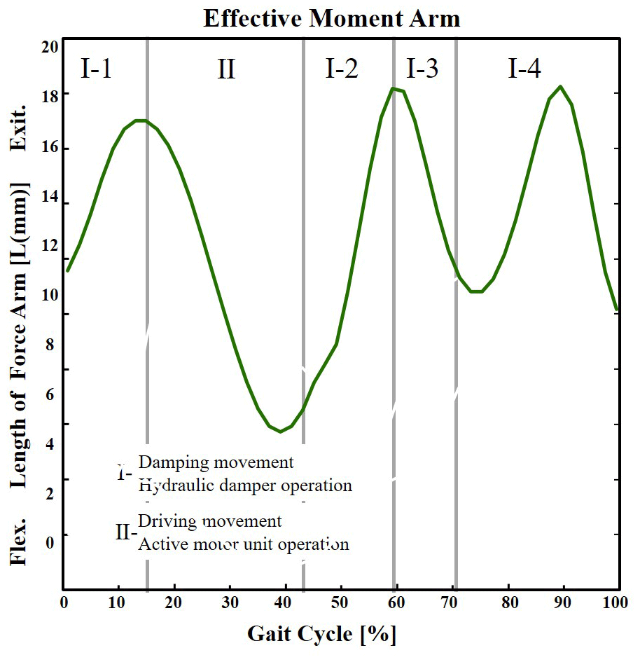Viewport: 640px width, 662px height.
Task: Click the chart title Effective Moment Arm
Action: [331, 19]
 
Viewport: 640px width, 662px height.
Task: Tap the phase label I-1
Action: [96, 69]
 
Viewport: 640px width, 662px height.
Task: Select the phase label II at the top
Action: [226, 69]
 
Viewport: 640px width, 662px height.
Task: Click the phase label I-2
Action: [342, 69]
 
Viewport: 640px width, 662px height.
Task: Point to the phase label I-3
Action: [423, 69]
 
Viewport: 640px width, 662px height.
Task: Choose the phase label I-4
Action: [524, 69]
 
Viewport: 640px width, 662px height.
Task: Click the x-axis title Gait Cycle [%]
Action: [321, 634]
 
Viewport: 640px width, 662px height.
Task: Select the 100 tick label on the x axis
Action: [616, 603]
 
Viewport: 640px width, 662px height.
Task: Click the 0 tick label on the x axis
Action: [64, 603]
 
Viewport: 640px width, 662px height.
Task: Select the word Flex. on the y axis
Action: [18, 542]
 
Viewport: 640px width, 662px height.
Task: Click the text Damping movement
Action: [216, 462]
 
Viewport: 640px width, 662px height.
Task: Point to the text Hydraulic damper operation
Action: [245, 485]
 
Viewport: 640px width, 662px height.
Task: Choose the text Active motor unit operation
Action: [244, 544]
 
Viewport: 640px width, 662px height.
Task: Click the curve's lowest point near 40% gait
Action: [281, 432]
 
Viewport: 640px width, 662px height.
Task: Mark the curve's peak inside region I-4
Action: [560, 86]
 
